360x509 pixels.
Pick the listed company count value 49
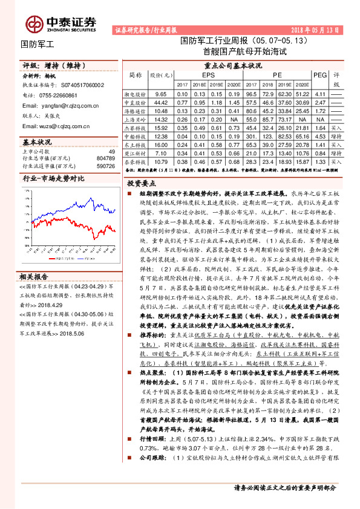pos(111,151)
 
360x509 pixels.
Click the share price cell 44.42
pos(161,103)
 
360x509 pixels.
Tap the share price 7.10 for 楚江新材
pos(161,154)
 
